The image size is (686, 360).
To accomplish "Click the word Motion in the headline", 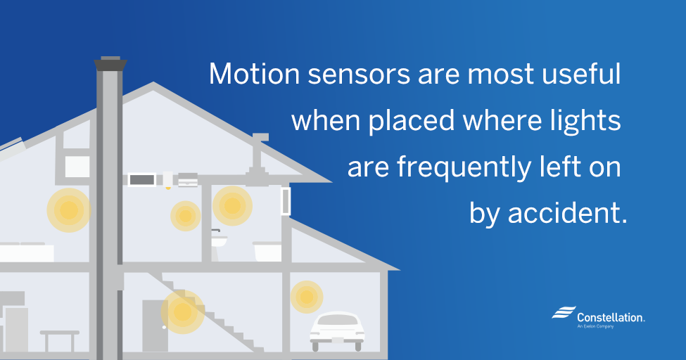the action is (254, 74).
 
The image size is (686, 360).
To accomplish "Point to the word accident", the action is (567, 214).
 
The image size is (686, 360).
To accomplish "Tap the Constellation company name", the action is (611, 318).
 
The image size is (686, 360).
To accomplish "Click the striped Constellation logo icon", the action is (564, 312).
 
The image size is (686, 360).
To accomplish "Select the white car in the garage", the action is (337, 330).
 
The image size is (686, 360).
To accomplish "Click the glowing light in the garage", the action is (307, 297).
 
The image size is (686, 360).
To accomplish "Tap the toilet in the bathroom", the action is (219, 240).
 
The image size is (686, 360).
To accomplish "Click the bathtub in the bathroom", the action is (267, 252).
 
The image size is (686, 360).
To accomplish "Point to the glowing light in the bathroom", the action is (232, 206).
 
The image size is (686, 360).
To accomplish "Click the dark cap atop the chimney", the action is (110, 63).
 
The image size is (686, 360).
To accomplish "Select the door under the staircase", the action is (155, 326).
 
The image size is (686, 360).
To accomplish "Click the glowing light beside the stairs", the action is (183, 312).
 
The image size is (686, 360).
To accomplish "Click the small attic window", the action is (77, 167).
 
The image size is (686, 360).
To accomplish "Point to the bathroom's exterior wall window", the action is (286, 201).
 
